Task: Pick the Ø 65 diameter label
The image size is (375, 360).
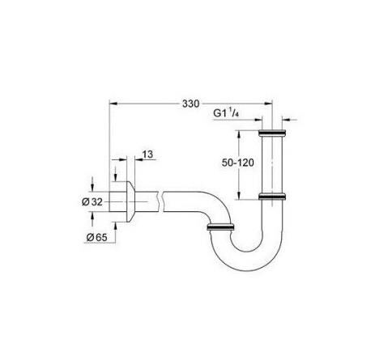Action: click(x=98, y=236)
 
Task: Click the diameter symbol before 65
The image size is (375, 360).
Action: click(x=89, y=236)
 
